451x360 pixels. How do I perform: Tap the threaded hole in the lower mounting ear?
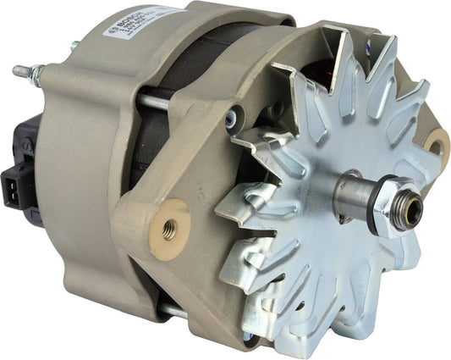click(x=169, y=226)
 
